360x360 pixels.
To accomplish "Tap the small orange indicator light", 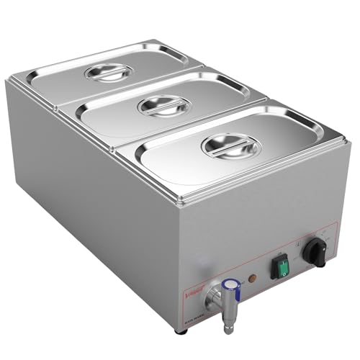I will tap(250, 278).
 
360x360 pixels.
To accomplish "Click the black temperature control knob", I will tap(316, 251).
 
